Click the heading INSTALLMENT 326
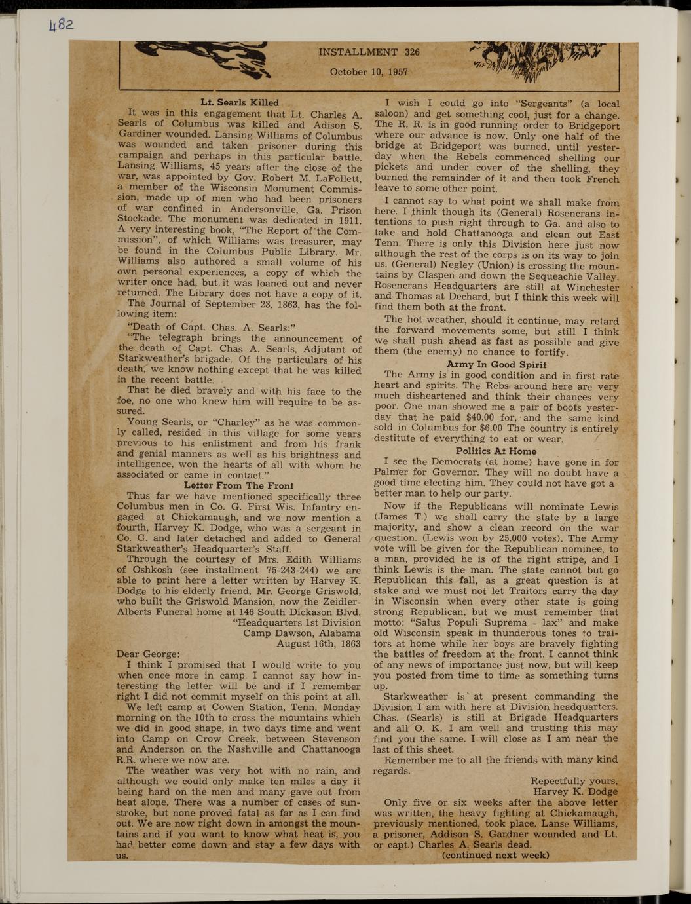369,52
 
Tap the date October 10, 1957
369,72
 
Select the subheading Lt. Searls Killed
239,102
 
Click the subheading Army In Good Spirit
496,364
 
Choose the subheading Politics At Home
496,451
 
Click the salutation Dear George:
147,654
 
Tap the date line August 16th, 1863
318,643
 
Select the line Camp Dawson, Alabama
301,633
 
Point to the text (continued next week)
495,855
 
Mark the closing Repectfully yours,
573,781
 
